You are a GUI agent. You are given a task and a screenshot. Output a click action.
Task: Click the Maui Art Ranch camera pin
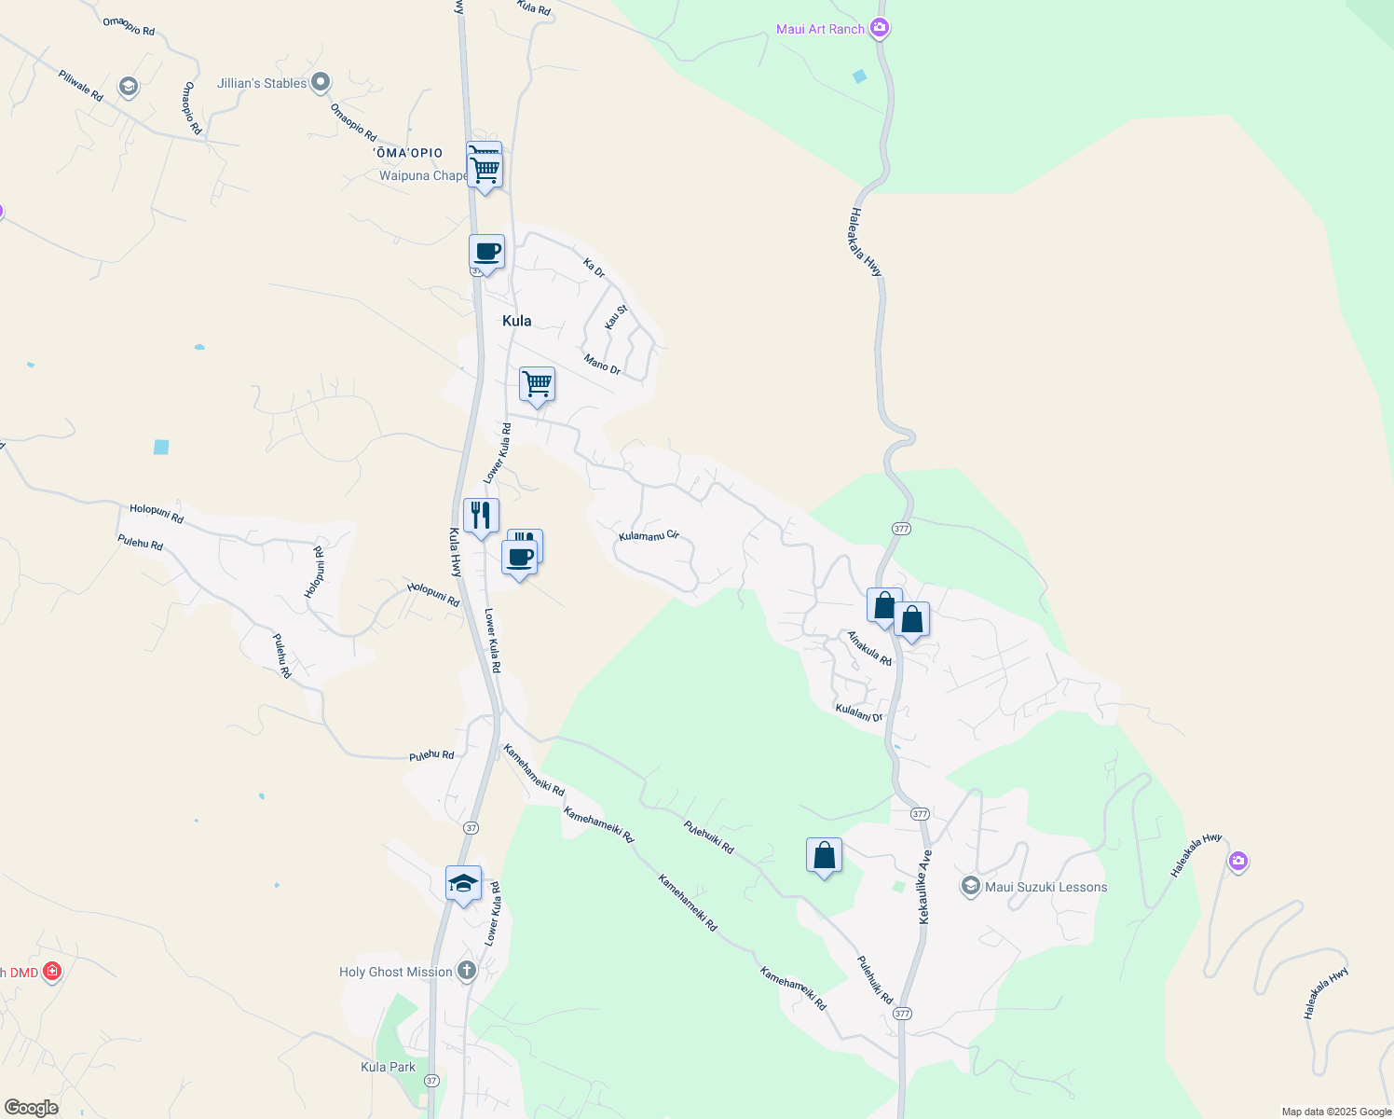(879, 28)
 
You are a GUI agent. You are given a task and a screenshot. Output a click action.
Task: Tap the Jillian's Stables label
(262, 83)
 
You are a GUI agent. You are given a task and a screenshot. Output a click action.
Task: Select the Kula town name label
(516, 321)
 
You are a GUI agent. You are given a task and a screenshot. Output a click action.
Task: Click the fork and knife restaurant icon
(481, 515)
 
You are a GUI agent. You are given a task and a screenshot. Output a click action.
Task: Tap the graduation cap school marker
(463, 882)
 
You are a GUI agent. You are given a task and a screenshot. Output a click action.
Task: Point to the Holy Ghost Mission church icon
(467, 972)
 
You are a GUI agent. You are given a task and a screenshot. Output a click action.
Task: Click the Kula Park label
(388, 1067)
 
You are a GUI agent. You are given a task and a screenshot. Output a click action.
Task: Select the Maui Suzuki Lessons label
(1045, 887)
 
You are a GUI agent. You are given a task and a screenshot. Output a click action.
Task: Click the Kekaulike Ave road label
(924, 887)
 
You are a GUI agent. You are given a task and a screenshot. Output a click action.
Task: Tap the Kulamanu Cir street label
(649, 536)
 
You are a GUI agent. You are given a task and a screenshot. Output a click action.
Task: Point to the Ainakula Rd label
(869, 648)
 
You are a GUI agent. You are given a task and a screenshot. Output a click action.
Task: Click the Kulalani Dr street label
(858, 713)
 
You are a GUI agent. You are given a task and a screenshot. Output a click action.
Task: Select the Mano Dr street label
(602, 364)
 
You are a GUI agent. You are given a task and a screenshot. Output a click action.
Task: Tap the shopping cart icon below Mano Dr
(537, 383)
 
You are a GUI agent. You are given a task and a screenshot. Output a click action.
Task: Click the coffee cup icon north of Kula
(486, 251)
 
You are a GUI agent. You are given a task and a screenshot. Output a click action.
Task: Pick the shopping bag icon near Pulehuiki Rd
(824, 855)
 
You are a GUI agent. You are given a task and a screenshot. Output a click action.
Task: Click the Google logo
(31, 1108)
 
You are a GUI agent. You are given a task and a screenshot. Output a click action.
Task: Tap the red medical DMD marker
(52, 972)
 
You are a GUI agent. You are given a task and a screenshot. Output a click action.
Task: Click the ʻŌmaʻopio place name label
(408, 153)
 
